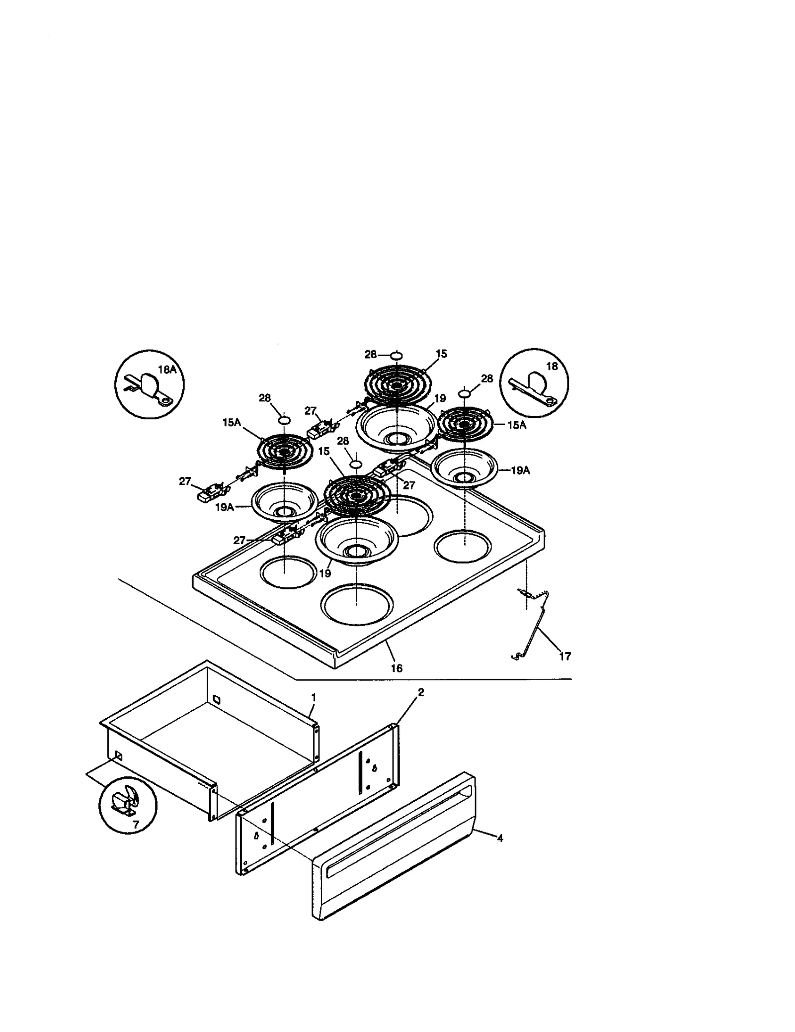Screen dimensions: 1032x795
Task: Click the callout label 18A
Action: tap(167, 370)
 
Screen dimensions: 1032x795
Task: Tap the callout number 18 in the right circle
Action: tap(552, 366)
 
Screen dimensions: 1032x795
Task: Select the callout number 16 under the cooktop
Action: tap(396, 668)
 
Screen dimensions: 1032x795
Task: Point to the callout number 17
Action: tap(564, 656)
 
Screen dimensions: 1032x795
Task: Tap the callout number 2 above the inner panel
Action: tap(420, 692)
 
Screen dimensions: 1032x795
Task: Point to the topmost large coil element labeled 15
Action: tap(398, 386)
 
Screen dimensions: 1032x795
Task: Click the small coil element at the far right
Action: tap(465, 424)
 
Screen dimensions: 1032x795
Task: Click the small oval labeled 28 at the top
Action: tap(396, 355)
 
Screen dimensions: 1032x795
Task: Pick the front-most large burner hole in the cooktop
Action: tap(357, 604)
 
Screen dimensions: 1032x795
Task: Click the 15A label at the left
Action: tap(232, 422)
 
